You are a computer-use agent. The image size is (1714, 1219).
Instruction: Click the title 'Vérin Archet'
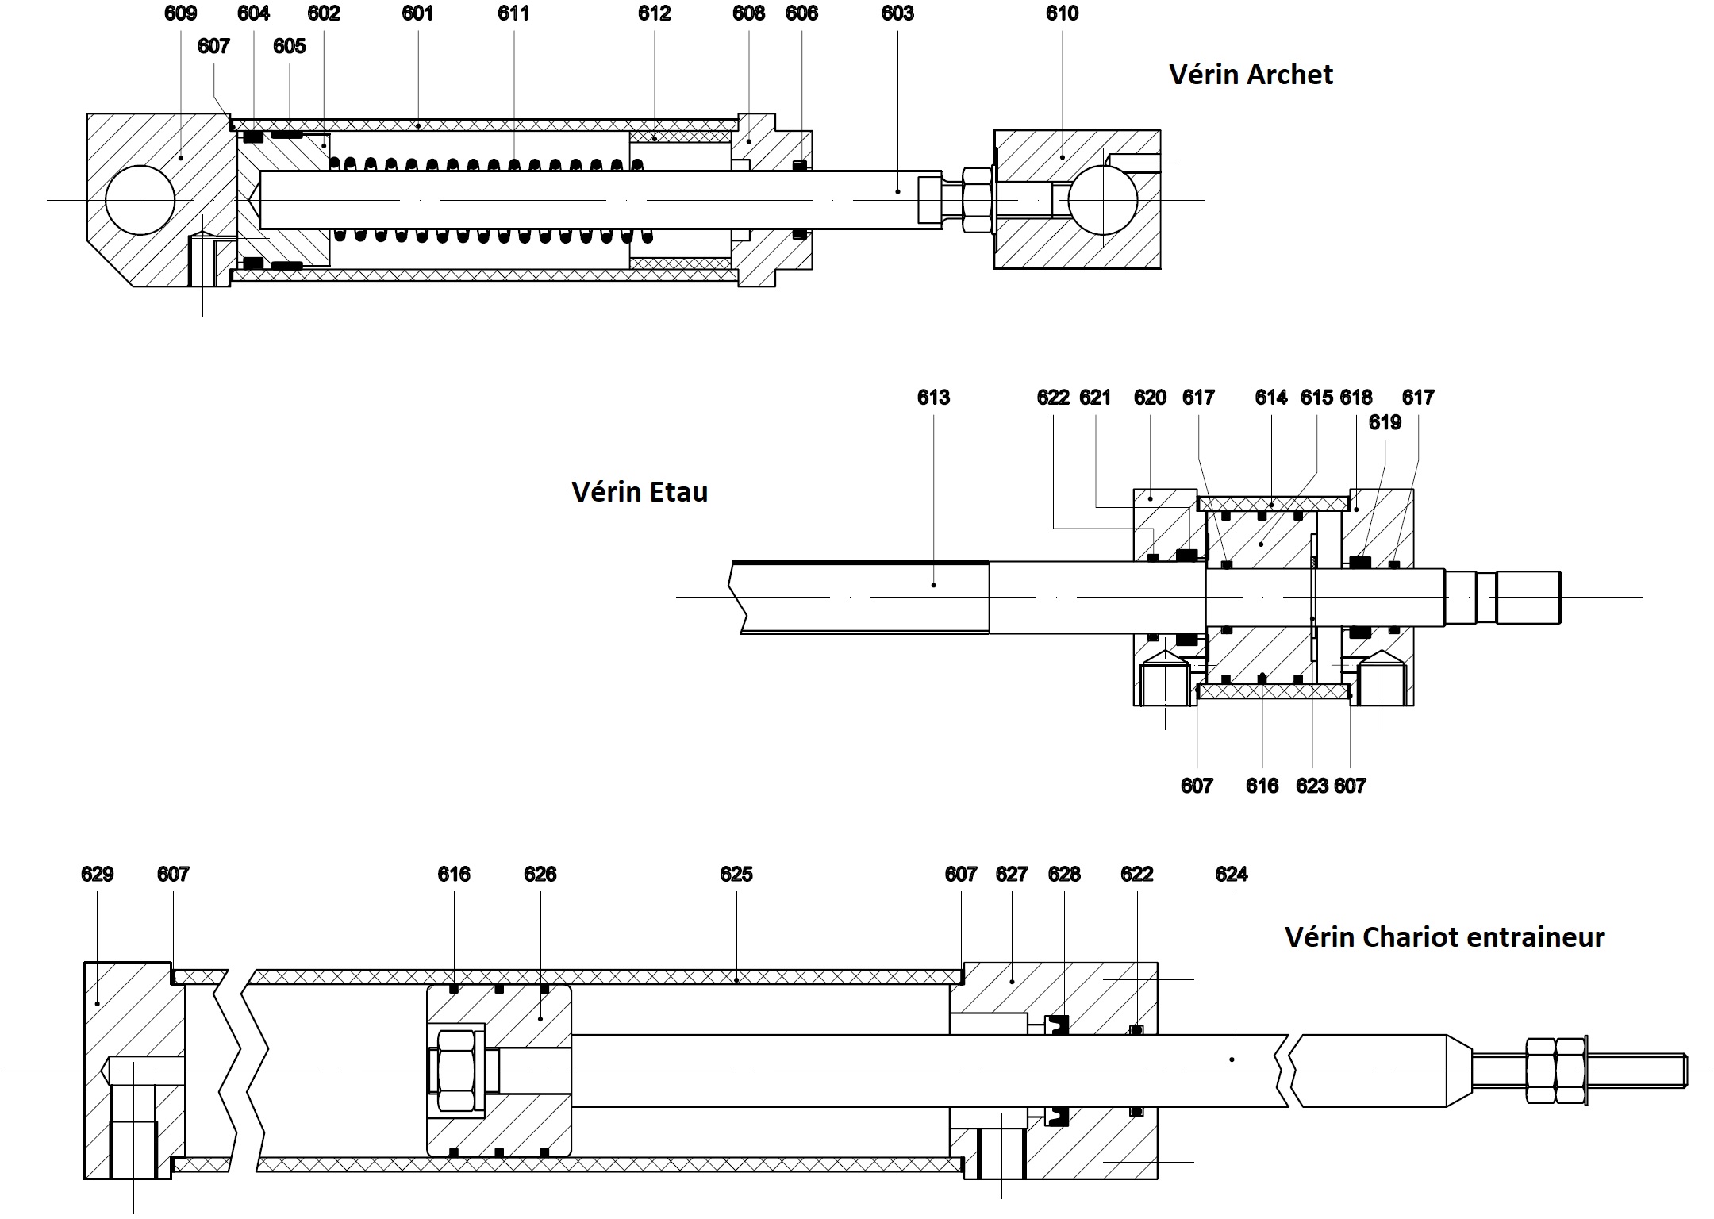point(1251,75)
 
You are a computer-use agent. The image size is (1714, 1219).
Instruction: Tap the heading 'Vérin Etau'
point(639,492)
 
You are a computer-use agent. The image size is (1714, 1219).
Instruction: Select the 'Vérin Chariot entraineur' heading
point(1444,937)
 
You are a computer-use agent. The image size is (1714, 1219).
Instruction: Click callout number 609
point(180,13)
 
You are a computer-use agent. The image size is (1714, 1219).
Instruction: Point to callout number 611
point(513,13)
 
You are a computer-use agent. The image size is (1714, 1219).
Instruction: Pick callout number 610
point(1062,13)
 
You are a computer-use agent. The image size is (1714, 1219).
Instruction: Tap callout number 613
point(933,398)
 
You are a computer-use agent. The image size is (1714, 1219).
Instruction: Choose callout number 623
point(1312,786)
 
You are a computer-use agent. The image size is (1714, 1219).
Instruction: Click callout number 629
point(97,875)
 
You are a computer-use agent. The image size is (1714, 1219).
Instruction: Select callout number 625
point(736,875)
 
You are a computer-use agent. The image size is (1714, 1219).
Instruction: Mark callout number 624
point(1231,875)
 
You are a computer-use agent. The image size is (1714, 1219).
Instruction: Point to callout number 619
point(1385,423)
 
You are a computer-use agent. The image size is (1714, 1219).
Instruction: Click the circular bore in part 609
point(140,200)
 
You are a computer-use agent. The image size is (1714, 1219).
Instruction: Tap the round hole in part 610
point(1102,200)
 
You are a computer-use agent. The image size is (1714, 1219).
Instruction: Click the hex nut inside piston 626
point(455,1070)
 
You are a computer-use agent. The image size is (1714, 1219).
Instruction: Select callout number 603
point(897,13)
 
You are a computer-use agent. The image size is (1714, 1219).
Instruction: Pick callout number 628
point(1063,875)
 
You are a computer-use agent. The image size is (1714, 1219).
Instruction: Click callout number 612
point(654,13)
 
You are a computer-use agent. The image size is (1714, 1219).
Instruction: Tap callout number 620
point(1150,398)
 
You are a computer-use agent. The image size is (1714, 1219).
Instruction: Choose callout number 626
point(540,875)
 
